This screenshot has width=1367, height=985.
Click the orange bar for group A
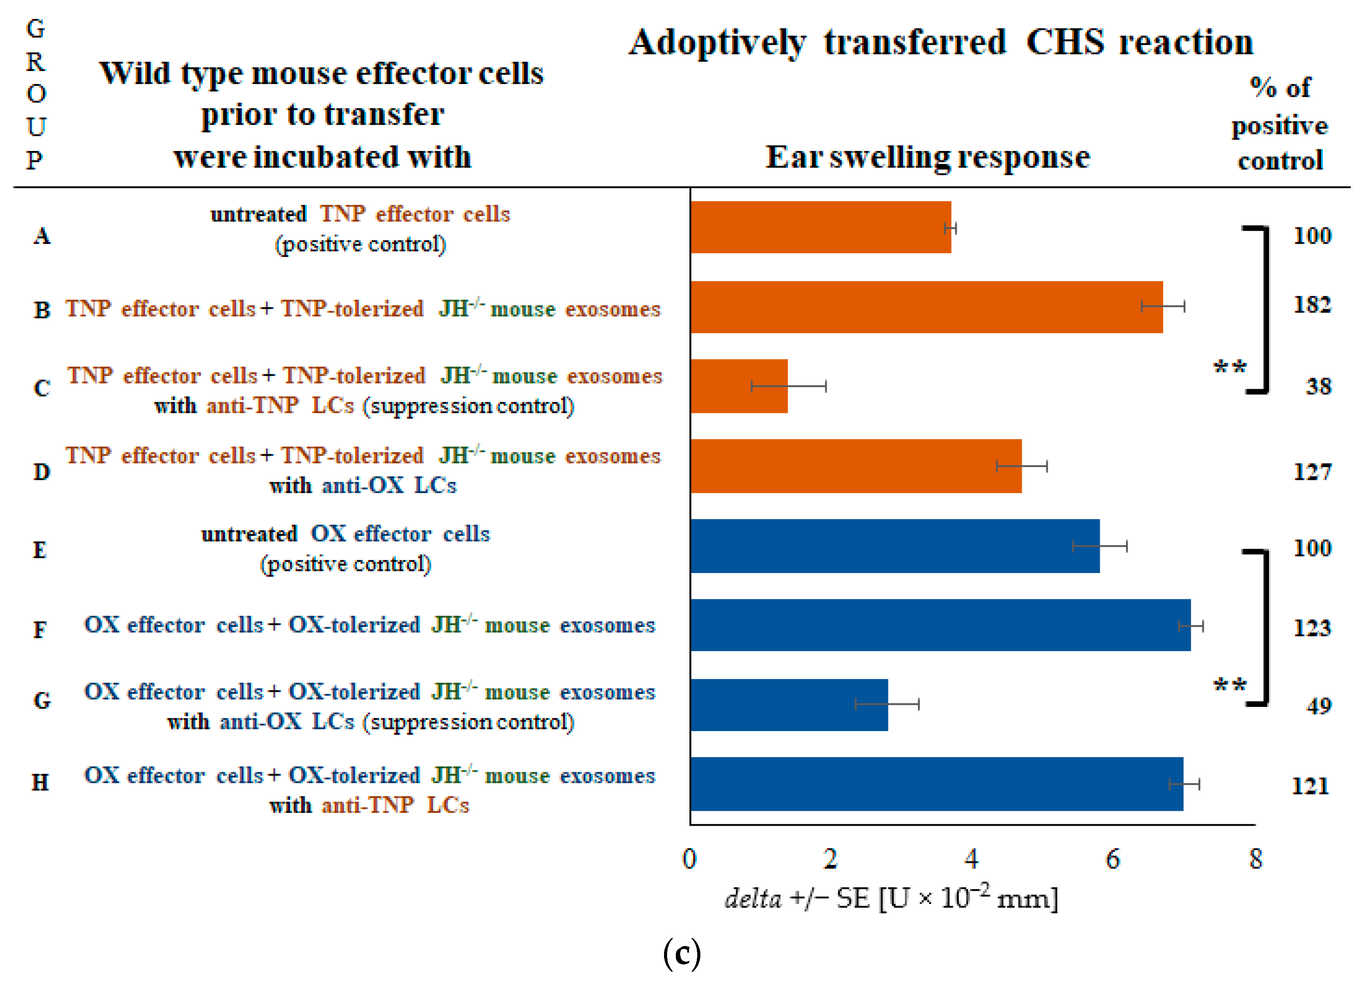click(x=820, y=227)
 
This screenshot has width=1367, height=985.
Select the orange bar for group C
click(x=739, y=386)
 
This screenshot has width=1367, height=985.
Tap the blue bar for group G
click(x=788, y=704)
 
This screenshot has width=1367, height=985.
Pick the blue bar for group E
click(x=895, y=546)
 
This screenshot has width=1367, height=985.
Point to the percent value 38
click(x=1318, y=386)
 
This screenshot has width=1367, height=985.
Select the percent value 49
click(x=1318, y=705)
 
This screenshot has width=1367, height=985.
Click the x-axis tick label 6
click(x=1113, y=859)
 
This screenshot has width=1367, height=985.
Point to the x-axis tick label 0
click(x=689, y=859)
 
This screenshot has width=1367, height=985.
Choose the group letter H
click(x=40, y=782)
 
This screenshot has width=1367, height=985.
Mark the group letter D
click(x=41, y=471)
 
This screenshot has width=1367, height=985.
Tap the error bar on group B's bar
click(x=1163, y=306)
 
